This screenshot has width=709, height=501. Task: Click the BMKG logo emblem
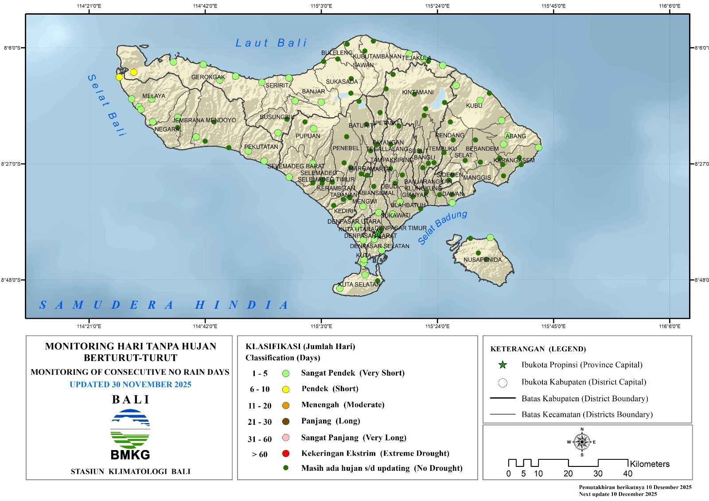(130, 429)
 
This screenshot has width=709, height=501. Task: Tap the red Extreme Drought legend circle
(286, 454)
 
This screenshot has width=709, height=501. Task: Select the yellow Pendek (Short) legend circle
(286, 389)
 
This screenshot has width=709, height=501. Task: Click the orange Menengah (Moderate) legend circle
(286, 405)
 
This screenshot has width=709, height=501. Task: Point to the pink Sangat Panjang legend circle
(286, 438)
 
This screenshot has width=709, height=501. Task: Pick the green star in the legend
(503, 365)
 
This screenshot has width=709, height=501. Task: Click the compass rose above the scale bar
(582, 442)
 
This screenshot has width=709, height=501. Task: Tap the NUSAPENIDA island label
(483, 260)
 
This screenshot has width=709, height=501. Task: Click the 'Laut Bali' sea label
(271, 43)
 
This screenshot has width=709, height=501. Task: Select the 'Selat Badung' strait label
(442, 227)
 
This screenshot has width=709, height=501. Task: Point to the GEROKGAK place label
(208, 77)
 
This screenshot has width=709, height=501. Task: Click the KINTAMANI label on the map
(417, 93)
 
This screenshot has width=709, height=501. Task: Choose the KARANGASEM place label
(514, 160)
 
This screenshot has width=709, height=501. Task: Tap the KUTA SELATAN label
(359, 284)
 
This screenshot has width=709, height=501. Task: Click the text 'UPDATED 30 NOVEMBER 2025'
(130, 384)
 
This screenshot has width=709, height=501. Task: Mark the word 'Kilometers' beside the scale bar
(650, 464)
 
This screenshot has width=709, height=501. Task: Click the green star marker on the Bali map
(377, 233)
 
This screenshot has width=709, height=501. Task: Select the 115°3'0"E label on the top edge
(322, 6)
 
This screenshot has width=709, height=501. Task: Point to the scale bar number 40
(627, 474)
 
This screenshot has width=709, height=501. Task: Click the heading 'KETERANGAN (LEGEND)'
(538, 349)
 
